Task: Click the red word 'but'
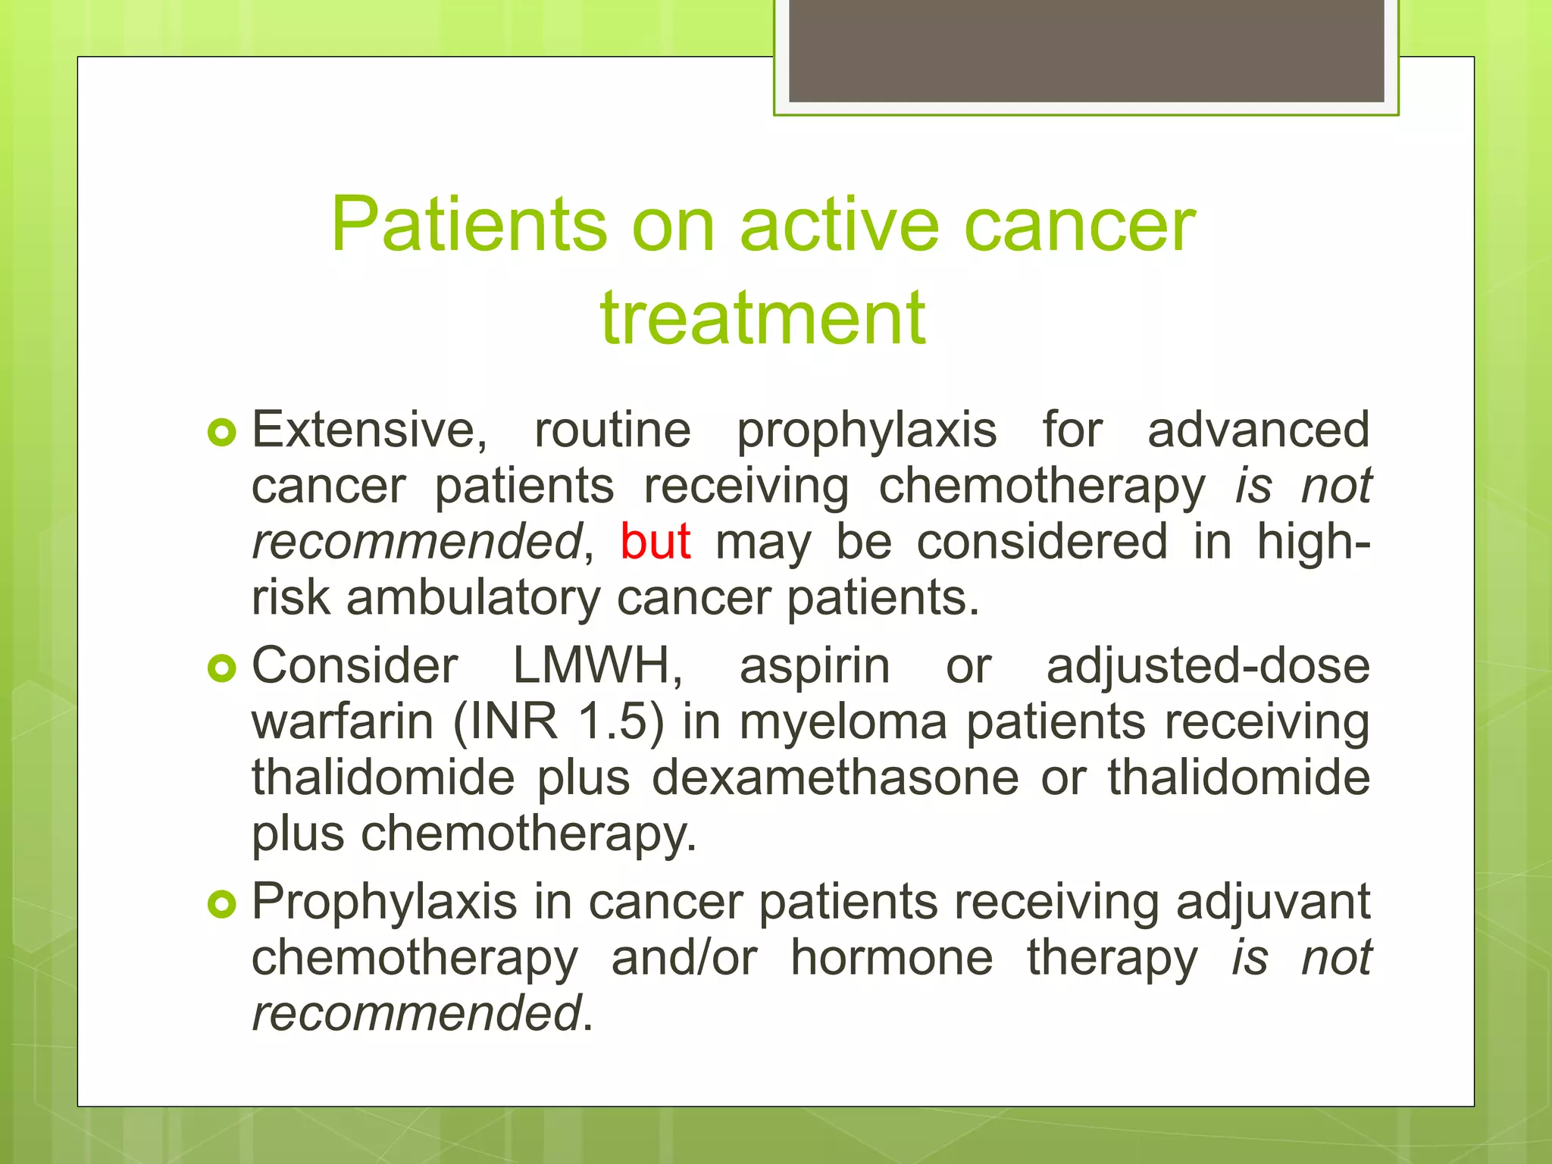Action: tap(655, 542)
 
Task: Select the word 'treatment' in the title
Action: tap(762, 318)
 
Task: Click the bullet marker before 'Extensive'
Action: tap(222, 433)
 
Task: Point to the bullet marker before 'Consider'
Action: tap(222, 668)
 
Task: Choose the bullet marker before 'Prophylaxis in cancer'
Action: tap(222, 904)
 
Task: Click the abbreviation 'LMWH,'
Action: tap(597, 666)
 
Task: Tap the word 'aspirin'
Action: tap(815, 666)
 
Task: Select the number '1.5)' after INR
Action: tap(621, 721)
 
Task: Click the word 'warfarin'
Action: tap(342, 721)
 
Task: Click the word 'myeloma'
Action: tap(843, 723)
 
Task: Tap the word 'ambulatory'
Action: tap(473, 598)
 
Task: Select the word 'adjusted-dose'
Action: tap(1208, 666)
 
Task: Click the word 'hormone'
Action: tap(891, 957)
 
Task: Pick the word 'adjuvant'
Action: tap(1273, 903)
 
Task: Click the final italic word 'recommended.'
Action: tap(421, 1013)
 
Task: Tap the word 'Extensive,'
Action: tap(370, 430)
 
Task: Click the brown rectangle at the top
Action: tap(1086, 50)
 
